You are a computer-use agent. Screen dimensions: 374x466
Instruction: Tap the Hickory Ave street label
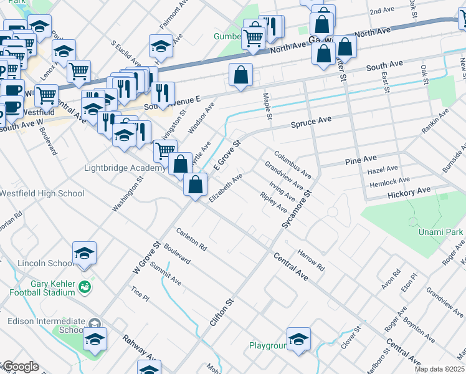(408, 190)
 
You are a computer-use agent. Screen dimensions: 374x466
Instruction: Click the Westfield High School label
(42, 193)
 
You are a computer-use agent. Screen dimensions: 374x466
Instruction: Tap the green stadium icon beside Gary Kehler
(85, 287)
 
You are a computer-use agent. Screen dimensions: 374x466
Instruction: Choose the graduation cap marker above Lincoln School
(84, 253)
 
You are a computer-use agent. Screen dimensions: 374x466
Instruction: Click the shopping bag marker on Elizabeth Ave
(196, 185)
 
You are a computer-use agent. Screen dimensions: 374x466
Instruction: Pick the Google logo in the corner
(20, 367)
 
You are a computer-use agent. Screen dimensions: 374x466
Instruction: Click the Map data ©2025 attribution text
(439, 369)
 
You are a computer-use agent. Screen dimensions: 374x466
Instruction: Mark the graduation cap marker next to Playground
(299, 340)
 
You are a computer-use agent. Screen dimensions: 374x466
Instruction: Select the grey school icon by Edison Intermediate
(94, 324)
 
